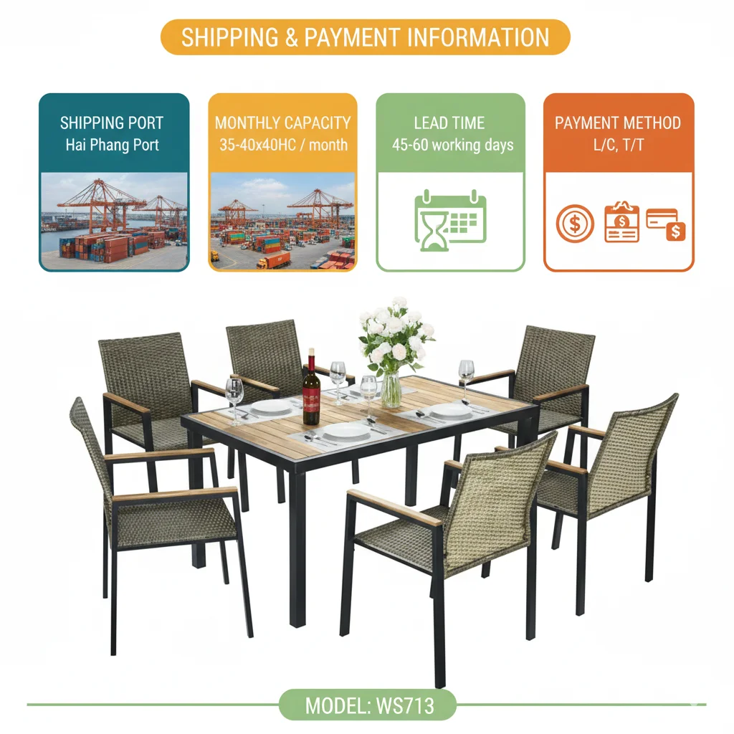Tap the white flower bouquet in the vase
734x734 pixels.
[x=395, y=334]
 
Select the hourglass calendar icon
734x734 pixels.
[x=450, y=219]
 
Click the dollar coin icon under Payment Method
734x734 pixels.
[x=575, y=222]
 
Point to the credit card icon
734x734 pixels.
[x=666, y=223]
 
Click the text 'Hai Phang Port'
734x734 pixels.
[x=113, y=145]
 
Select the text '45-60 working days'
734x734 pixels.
[x=452, y=145]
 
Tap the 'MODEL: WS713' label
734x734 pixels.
[x=368, y=705]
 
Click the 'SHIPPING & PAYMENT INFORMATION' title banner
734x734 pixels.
[x=365, y=37]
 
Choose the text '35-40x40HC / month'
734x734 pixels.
[x=282, y=145]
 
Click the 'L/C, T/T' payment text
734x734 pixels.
[x=618, y=145]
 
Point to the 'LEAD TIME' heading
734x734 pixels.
[x=449, y=123]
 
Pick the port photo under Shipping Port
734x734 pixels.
[x=114, y=221]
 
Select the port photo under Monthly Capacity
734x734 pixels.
[x=282, y=221]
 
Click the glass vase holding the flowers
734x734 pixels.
[x=391, y=389]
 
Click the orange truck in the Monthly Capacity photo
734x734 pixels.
[x=274, y=259]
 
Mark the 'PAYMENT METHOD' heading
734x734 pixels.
[x=618, y=123]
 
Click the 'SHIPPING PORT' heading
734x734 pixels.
[x=112, y=123]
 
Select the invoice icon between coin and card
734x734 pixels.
[x=621, y=222]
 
